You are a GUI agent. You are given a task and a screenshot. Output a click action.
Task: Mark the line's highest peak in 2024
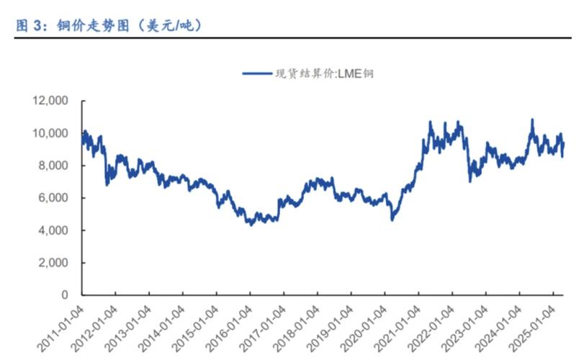click(x=532, y=120)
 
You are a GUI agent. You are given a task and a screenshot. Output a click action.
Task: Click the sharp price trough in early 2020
click(x=392, y=219)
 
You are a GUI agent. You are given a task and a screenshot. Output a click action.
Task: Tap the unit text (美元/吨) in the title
click(x=169, y=26)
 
